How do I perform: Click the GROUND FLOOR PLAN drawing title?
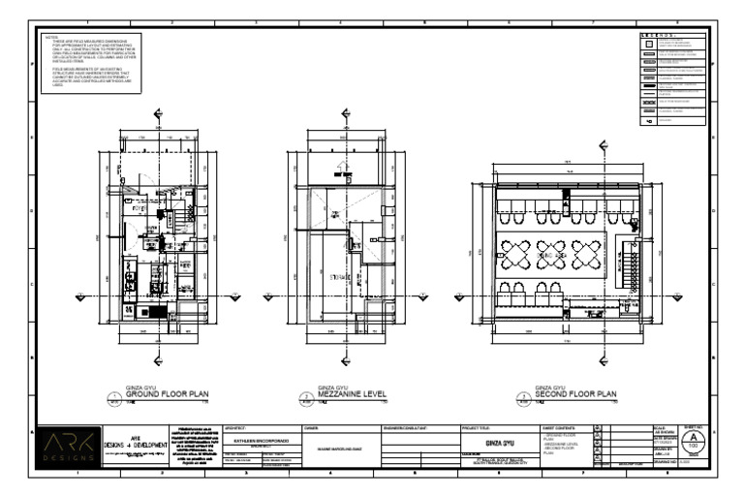(x=167, y=394)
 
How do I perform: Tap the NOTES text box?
(x=90, y=64)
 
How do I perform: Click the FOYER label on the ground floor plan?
(x=139, y=207)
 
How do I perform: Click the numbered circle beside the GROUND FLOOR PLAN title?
(x=114, y=397)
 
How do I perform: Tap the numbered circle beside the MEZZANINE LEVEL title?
(x=307, y=397)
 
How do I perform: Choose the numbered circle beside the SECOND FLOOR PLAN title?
(x=524, y=397)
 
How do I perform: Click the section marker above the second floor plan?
(x=603, y=146)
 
